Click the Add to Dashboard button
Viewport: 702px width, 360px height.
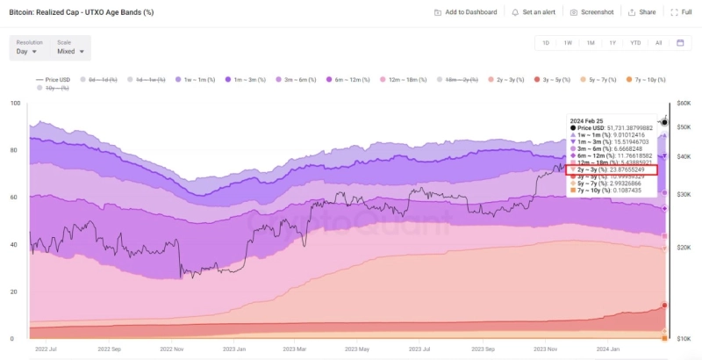466,12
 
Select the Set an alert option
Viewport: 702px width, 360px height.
534,12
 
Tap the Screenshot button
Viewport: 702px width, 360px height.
592,12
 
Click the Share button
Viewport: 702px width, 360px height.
643,12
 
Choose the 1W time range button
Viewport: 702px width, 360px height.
568,42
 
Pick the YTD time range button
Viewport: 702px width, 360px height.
634,42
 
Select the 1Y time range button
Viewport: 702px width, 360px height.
612,42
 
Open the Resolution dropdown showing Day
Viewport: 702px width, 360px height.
27,52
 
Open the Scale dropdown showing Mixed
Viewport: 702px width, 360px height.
70,52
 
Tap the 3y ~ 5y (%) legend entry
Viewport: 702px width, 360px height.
558,80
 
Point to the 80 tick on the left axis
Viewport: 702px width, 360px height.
14,150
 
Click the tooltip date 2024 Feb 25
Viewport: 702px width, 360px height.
587,119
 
